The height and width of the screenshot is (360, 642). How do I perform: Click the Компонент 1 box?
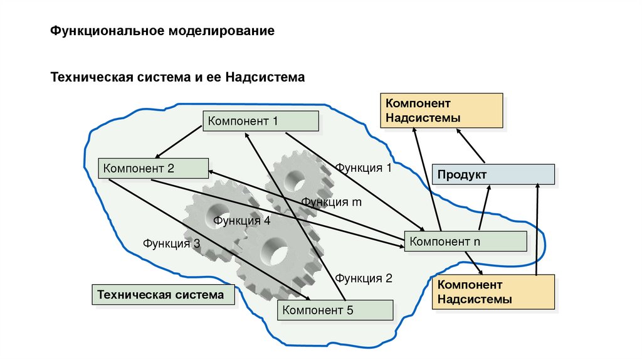click(260, 120)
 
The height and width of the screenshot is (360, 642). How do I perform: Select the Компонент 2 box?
click(154, 168)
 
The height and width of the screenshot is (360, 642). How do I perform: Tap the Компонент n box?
click(465, 241)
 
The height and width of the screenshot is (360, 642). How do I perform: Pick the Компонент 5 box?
click(335, 310)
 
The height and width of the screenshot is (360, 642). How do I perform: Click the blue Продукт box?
click(493, 174)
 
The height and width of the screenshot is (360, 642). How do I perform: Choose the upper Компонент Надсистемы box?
click(441, 110)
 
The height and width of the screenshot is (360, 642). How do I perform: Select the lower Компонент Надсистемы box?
click(493, 292)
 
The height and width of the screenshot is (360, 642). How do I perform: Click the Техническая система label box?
click(164, 294)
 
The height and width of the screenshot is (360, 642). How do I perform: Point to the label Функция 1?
click(363, 168)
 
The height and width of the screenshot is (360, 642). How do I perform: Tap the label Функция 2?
click(363, 278)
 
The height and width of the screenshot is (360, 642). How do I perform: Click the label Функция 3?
click(171, 243)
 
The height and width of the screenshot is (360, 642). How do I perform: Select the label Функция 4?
click(241, 221)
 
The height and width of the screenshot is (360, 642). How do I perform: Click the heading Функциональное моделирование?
click(162, 31)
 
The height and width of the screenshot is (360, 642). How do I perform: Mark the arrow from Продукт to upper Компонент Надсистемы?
click(470, 146)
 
